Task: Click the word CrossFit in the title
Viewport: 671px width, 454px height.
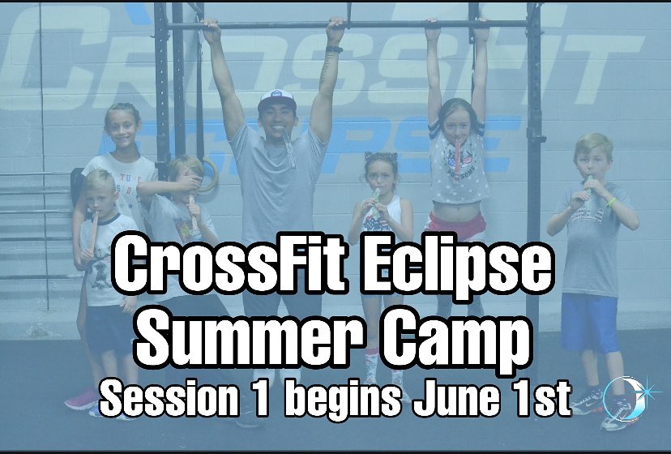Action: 230,262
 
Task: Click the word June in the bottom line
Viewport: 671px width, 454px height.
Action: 455,397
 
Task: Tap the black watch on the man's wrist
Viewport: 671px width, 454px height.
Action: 334,49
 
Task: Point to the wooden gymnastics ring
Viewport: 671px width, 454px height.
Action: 209,176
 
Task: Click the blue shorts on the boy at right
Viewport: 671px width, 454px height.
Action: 590,322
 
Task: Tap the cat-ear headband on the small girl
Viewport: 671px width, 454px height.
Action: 381,156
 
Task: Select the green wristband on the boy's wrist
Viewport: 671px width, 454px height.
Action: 612,202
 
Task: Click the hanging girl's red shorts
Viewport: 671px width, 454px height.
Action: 456,225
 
